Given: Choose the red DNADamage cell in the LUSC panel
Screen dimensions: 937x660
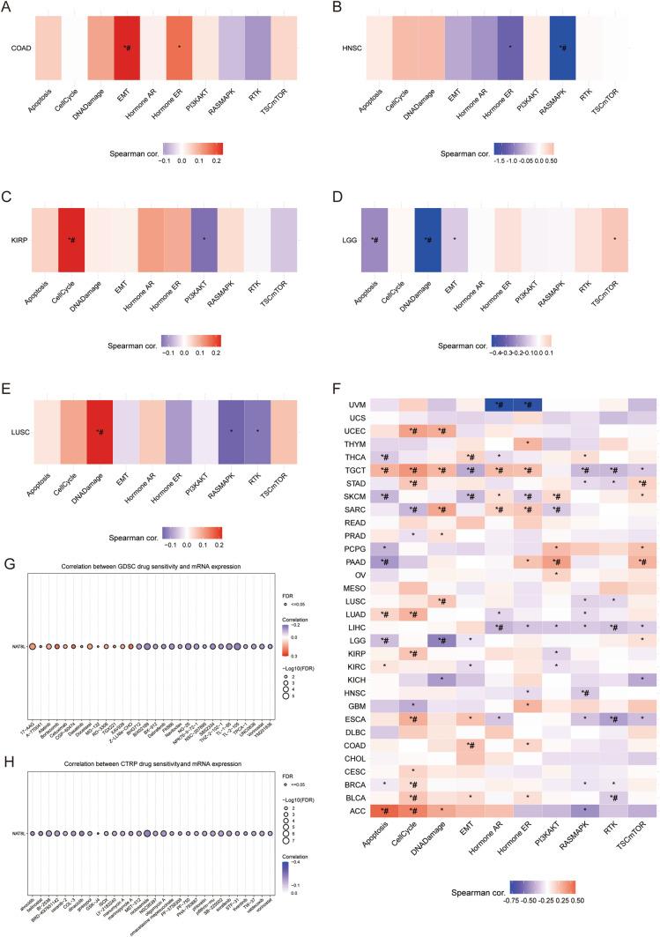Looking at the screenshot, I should (100, 432).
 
